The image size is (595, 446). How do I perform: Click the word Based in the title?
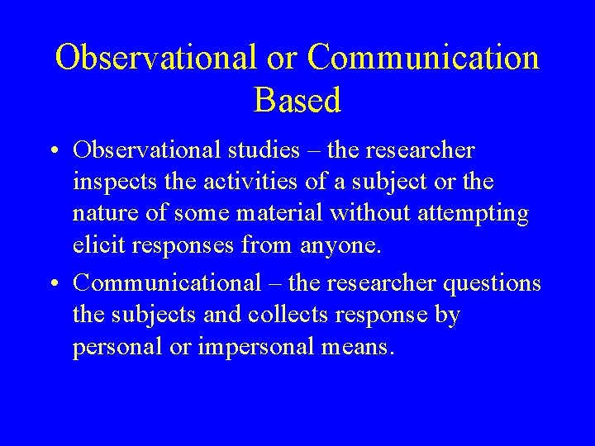pyautogui.click(x=297, y=101)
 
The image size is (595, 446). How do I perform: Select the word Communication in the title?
pyautogui.click(x=423, y=58)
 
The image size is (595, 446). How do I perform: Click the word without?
pyautogui.click(x=369, y=213)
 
